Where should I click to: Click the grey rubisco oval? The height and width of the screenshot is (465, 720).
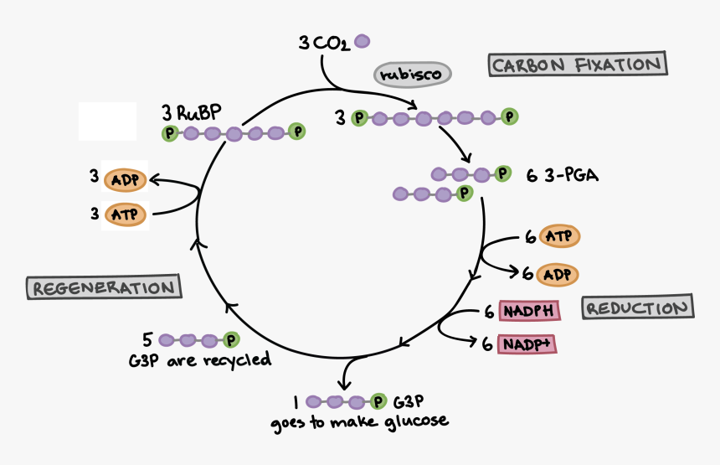coord(412,75)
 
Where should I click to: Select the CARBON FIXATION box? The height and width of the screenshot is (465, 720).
coord(578,65)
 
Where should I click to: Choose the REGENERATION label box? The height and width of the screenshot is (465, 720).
coord(105,287)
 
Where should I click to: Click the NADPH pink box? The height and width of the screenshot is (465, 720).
coord(528,312)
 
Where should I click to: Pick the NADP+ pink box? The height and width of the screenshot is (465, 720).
coord(528,344)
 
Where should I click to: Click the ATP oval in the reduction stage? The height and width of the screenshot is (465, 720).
coord(558,236)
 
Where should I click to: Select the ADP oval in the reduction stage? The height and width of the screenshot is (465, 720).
coord(558,274)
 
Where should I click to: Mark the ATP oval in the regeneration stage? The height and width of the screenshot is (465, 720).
coord(125,214)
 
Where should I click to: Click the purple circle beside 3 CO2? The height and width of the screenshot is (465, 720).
coord(363,40)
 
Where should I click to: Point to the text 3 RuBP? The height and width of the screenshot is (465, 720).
coord(193,112)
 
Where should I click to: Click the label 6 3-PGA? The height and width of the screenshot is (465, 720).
coord(563,176)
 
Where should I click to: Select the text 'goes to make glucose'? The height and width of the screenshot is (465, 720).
coord(359,421)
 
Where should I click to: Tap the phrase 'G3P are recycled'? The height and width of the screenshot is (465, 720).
coord(199,360)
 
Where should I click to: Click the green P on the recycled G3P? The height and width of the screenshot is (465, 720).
coord(231,339)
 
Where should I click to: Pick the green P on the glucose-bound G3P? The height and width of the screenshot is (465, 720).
coord(378,401)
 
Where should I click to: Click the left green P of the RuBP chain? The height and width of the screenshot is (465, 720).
coord(170,132)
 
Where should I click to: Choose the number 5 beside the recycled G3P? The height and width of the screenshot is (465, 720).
coord(147,339)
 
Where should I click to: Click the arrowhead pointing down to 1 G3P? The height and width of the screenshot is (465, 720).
coord(345,382)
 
